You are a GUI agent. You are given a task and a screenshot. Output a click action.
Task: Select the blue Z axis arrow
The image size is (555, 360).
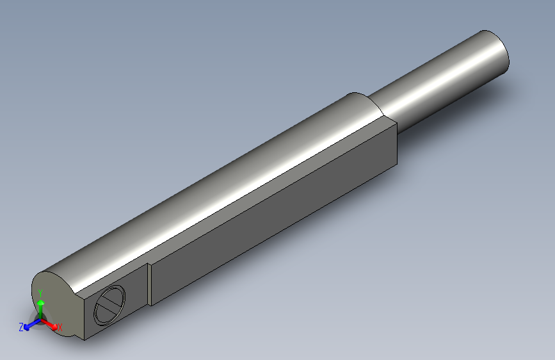(x=31, y=325)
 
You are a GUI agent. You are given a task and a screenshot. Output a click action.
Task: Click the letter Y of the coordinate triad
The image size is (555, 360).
(x=40, y=293)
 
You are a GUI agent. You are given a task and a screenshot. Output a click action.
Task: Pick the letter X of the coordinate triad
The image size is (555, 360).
(x=60, y=327)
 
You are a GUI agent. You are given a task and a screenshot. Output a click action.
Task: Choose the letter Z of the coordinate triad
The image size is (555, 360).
(x=21, y=327)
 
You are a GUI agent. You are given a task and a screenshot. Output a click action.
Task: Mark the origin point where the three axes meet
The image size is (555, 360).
(x=40, y=320)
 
